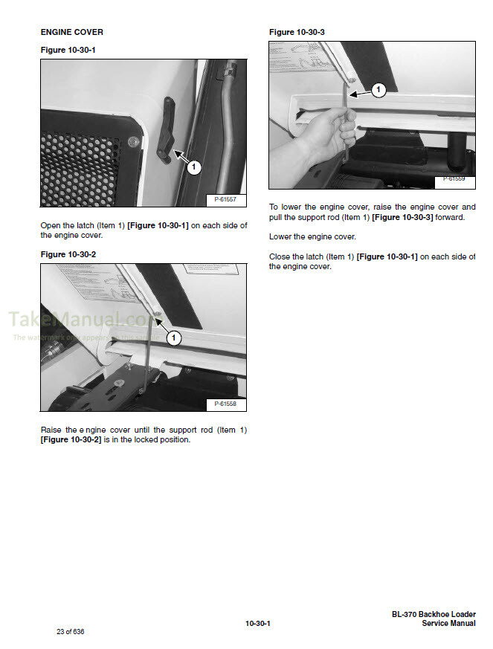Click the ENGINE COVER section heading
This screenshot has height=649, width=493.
(x=72, y=32)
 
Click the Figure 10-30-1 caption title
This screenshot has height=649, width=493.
(x=68, y=50)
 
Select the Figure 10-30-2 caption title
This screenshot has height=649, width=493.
(x=68, y=254)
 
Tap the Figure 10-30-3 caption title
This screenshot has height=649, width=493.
(x=297, y=32)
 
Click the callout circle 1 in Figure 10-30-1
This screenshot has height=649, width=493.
(x=193, y=168)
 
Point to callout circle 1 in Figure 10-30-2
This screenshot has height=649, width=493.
(x=174, y=338)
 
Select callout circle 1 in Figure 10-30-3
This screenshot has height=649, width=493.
(x=378, y=91)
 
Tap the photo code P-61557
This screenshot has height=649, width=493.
(x=225, y=199)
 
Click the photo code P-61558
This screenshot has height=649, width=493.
(x=225, y=404)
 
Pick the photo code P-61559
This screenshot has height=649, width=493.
(x=454, y=178)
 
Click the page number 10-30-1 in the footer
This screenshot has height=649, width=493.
(x=257, y=623)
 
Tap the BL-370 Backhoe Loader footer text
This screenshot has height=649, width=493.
(x=434, y=615)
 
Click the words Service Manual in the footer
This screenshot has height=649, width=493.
(x=448, y=624)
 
